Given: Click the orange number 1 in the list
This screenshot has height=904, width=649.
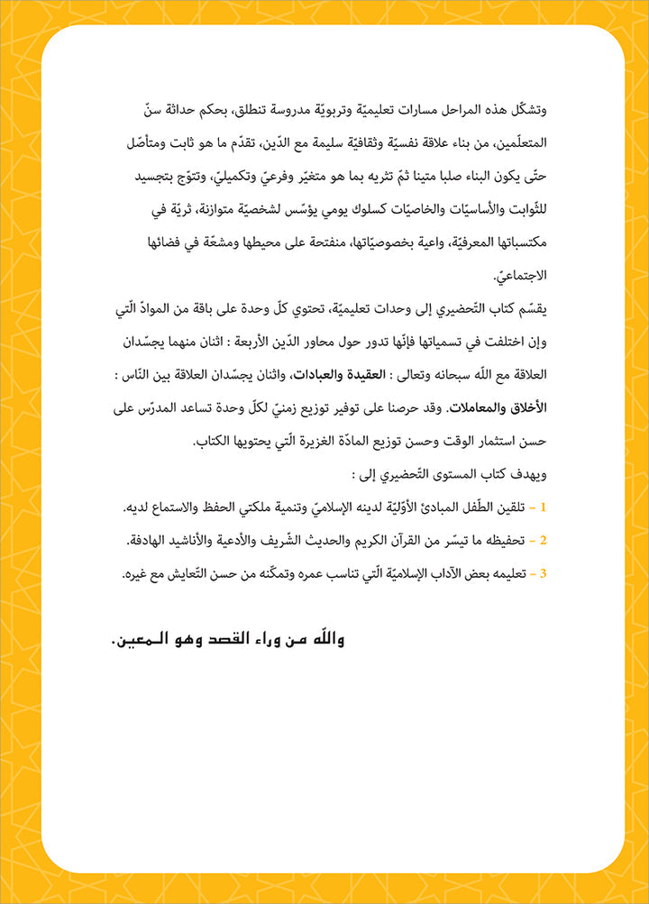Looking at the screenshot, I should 544,509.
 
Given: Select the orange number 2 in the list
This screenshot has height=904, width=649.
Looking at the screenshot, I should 544,541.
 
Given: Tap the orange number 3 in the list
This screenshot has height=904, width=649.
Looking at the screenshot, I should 544,572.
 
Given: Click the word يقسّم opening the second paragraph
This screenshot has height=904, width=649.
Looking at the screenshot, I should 533,308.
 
